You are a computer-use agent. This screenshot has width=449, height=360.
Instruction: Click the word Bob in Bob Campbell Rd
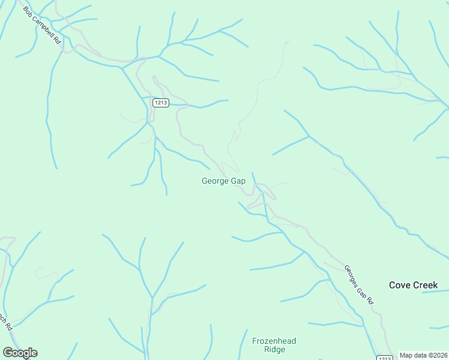coord(28,12)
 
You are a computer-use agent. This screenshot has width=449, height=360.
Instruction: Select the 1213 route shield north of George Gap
coord(160,103)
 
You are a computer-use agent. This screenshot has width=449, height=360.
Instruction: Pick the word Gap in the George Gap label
coord(238,181)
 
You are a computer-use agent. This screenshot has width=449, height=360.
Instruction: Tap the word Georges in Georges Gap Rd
coord(352,275)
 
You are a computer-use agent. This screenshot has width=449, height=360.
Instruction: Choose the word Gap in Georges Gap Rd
coord(363,289)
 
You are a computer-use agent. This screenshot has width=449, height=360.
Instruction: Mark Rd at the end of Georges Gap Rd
coord(370,299)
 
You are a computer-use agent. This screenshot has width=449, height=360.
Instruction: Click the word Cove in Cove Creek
coord(400,285)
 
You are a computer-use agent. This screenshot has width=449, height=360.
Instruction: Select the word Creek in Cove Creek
coord(426,285)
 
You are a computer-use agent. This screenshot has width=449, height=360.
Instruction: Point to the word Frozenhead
coord(274,341)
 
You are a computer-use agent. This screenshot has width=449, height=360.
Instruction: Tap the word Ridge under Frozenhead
coord(274,350)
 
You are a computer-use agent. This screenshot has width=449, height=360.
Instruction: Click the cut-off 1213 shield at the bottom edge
coord(385,358)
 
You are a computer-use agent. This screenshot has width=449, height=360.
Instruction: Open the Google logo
coord(20,353)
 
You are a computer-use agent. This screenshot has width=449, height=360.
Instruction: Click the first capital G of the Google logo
coord(8,353)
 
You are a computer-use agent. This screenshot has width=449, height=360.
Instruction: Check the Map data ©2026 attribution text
coord(423,355)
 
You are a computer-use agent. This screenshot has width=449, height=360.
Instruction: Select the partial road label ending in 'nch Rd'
coord(5,322)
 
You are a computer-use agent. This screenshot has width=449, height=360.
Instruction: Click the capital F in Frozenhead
coord(255,341)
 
